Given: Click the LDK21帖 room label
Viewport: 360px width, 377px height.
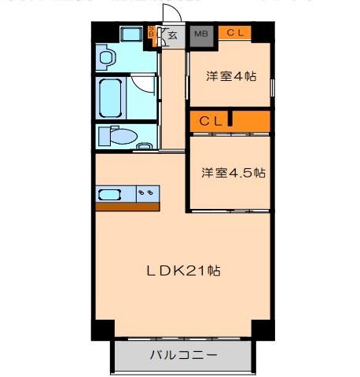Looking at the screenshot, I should (x=183, y=270).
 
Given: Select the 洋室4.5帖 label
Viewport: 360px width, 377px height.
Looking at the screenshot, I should (x=233, y=172).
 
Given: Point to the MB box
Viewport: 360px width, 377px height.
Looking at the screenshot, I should (x=202, y=34).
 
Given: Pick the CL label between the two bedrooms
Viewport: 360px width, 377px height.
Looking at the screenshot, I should (x=211, y=121).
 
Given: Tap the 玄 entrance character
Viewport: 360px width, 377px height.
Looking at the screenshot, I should (x=172, y=35).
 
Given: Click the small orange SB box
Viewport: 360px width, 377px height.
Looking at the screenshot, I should (x=152, y=33).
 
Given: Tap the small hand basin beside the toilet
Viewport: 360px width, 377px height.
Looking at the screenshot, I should (x=145, y=146).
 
